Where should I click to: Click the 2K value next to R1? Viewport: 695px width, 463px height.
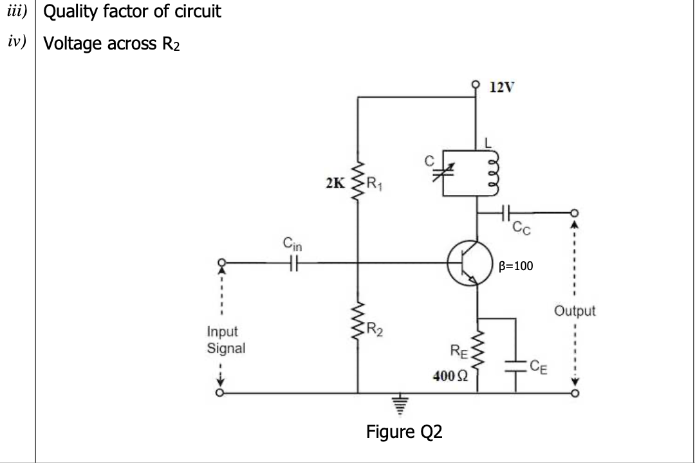(335, 183)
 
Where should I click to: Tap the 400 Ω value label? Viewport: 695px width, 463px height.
(448, 376)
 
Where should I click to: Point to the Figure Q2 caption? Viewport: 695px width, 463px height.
(404, 431)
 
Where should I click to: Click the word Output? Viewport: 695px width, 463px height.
(575, 311)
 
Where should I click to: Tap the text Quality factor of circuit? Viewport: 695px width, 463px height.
(132, 12)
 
